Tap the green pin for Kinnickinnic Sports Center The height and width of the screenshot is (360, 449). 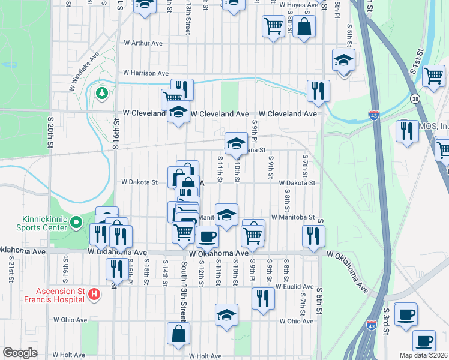point(76,223)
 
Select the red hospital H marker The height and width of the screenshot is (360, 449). point(94,295)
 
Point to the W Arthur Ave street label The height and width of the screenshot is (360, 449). point(143,43)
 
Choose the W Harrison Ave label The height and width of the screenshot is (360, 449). point(146,73)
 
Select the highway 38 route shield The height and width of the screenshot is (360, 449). point(415,98)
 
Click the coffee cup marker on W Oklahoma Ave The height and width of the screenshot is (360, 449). point(208,236)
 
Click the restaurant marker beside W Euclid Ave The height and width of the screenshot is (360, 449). point(262,298)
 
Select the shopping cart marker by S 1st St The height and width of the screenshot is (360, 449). point(433,76)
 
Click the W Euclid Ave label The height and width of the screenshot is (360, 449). point(295,287)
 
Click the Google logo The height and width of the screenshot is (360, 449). point(20,353)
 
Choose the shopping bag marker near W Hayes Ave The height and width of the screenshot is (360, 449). point(304,26)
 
